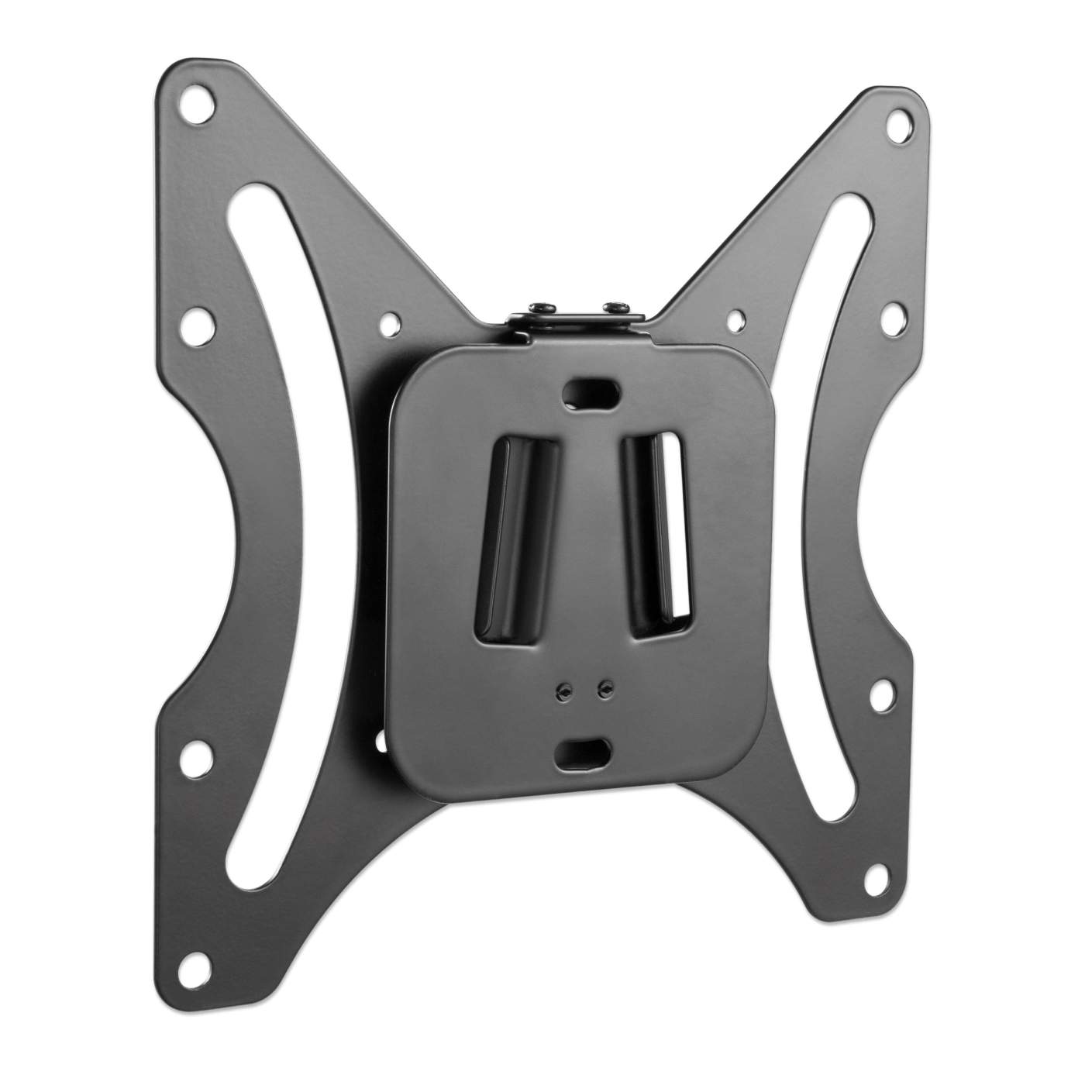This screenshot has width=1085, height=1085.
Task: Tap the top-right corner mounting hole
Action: [x=900, y=122]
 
